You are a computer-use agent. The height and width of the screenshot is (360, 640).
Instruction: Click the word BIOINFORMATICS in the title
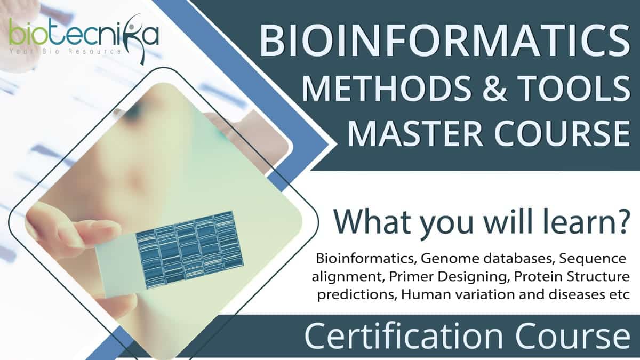tap(445, 41)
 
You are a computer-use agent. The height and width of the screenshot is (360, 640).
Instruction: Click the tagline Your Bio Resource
tap(65, 52)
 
